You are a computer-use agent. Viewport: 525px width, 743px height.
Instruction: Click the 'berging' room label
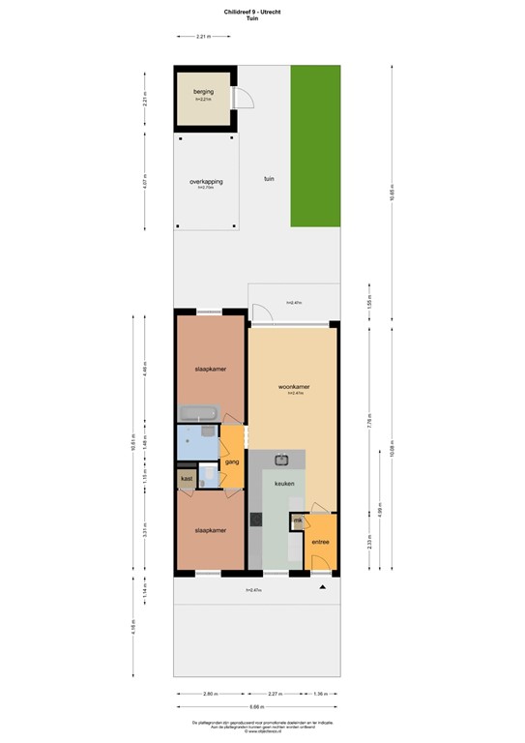pos(203,92)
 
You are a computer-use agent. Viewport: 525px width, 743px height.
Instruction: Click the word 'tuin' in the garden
pos(270,178)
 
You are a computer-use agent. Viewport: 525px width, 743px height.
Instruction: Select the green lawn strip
pos(316,145)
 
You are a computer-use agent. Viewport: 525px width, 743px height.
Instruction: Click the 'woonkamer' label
pos(295,387)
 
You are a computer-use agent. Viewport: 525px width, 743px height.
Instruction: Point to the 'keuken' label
pos(283,484)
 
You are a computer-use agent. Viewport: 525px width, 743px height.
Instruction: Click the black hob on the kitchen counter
pos(256,520)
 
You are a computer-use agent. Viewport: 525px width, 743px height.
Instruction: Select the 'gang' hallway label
pos(232,462)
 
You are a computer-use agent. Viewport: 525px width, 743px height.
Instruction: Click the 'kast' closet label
pos(187,478)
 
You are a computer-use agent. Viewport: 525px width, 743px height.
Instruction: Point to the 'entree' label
pos(320,541)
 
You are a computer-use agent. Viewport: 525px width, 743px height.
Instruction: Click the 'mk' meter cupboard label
pos(298,522)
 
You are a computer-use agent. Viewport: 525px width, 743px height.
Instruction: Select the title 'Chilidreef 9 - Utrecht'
pos(262,11)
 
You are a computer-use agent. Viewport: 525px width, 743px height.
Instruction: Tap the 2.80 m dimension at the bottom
pos(209,693)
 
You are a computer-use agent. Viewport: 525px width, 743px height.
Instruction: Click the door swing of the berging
pos(246,98)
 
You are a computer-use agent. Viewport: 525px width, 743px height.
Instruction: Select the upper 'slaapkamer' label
pos(210,369)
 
